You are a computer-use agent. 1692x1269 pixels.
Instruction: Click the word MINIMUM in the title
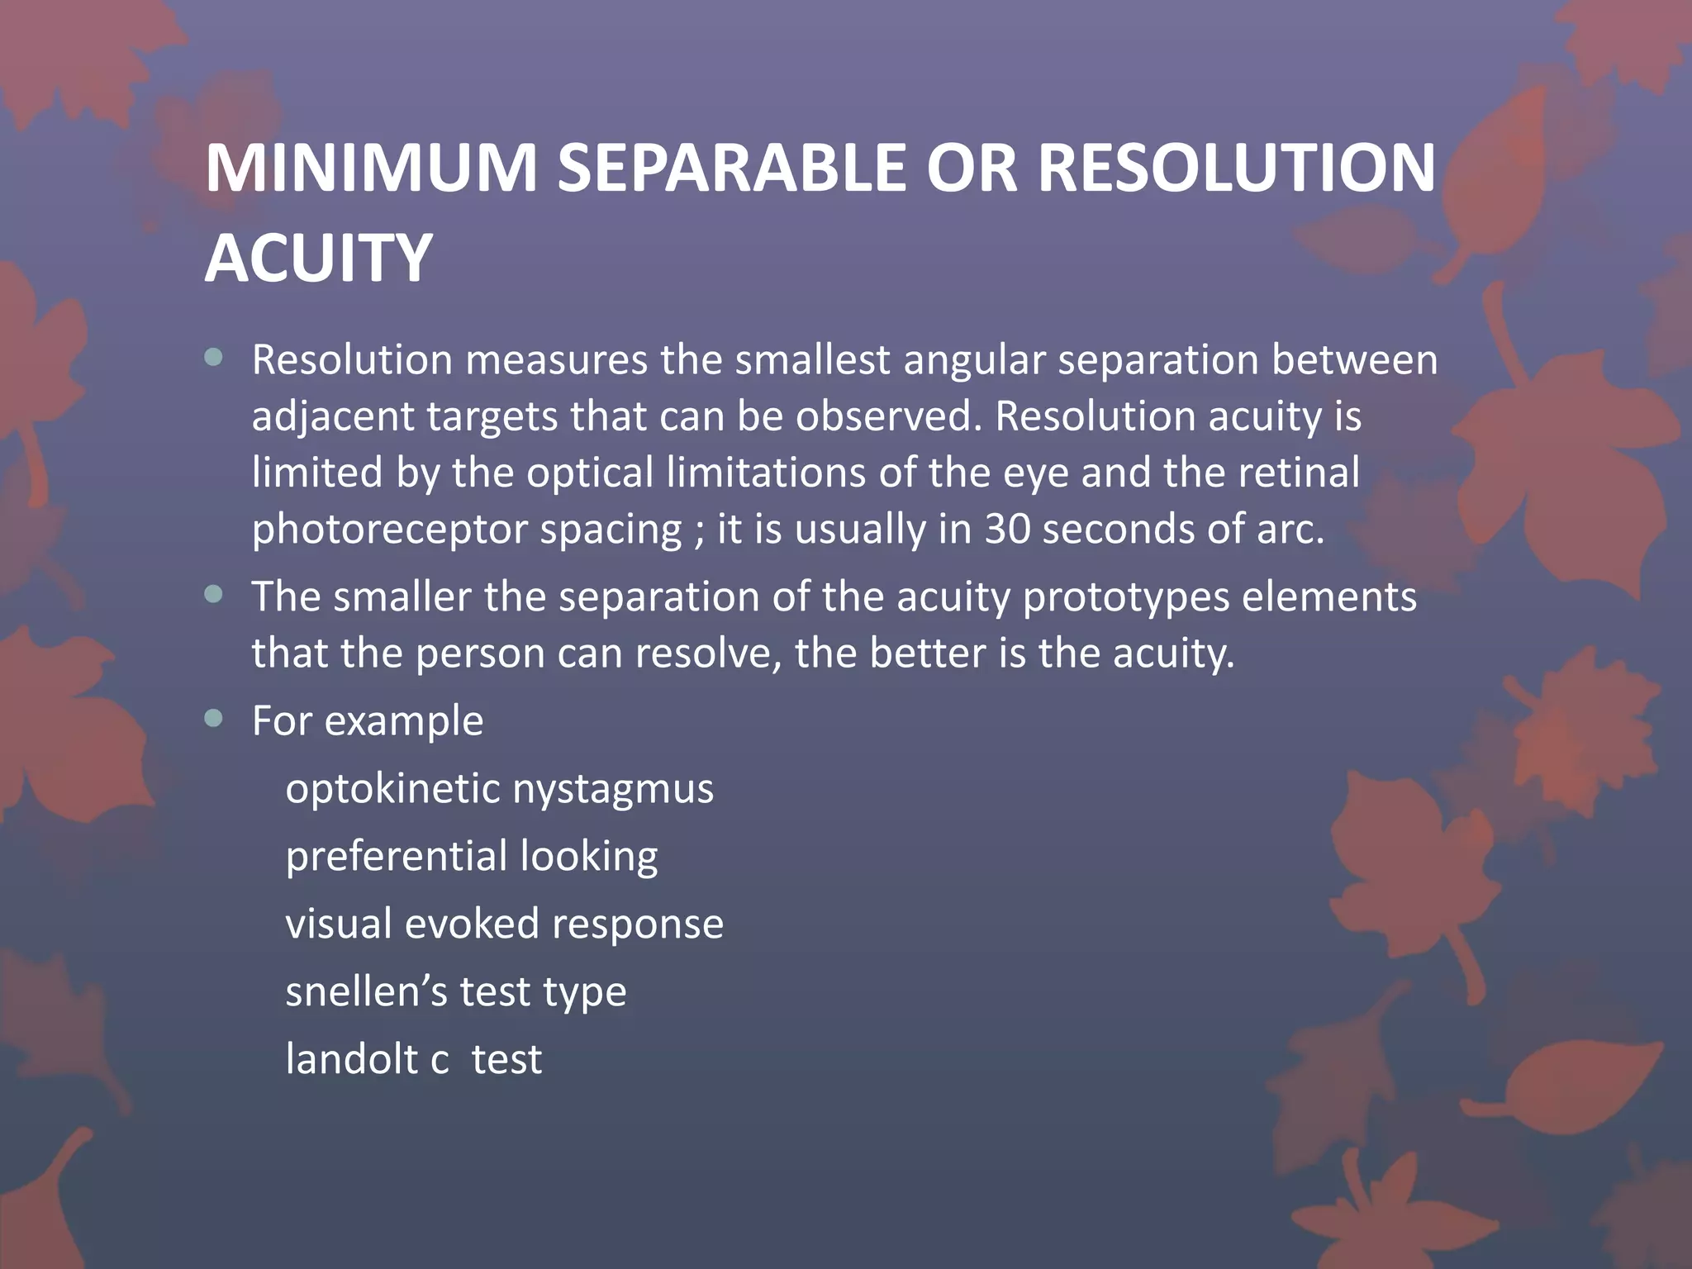click(x=371, y=169)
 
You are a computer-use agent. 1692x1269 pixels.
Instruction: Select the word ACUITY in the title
click(x=318, y=258)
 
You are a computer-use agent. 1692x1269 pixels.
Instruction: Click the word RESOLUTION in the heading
click(x=1236, y=169)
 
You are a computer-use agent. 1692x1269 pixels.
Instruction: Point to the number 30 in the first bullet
click(x=1006, y=529)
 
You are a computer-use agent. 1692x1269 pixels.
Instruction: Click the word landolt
click(x=351, y=1058)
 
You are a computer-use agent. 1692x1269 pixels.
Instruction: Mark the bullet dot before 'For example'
click(x=214, y=719)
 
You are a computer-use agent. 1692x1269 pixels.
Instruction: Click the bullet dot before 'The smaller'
click(x=214, y=595)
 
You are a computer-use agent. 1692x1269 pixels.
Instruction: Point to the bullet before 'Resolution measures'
click(x=214, y=358)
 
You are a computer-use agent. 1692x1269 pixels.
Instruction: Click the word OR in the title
click(x=972, y=169)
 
